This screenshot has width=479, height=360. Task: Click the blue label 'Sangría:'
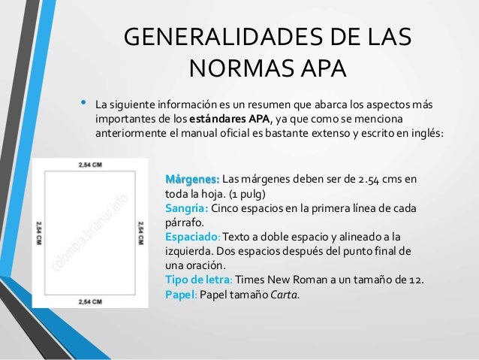[186, 208]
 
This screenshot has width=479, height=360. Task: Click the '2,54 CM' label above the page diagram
[90, 164]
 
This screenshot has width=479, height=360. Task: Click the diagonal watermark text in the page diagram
[90, 233]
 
